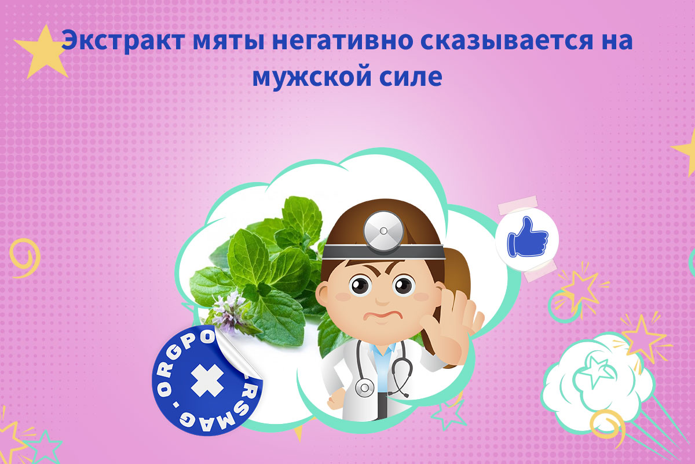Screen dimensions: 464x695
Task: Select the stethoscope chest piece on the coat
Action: click(365, 387)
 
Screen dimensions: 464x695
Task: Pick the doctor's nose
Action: click(381, 300)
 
